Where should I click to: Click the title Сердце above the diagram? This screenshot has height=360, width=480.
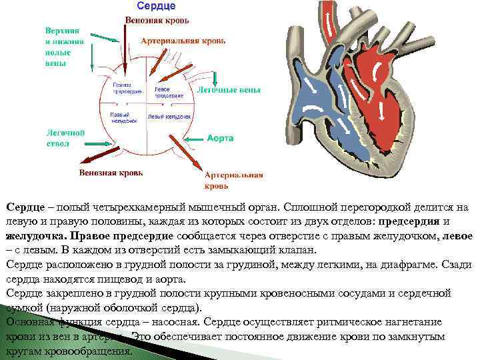coord(156,6)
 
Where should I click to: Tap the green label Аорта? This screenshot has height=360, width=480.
coord(220,139)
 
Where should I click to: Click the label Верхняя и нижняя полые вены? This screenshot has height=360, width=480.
coord(65,47)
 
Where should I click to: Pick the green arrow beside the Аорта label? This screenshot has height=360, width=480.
coord(193,139)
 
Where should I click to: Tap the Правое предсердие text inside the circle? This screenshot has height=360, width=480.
coord(126,89)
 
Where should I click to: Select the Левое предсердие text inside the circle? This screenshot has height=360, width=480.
coord(168,92)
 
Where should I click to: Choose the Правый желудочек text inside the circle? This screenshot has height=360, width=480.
coord(124,117)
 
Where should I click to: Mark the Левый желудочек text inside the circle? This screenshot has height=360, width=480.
coord(169,116)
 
